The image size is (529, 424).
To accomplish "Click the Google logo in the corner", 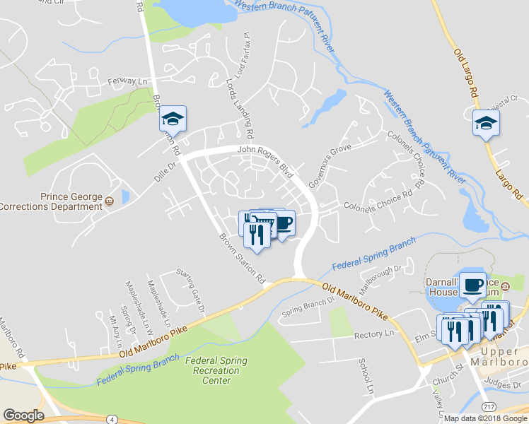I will [23, 416].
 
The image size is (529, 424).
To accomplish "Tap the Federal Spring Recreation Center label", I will [216, 370].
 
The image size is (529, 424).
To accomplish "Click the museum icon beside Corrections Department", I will [109, 201].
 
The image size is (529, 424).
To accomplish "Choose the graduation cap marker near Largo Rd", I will [486, 124].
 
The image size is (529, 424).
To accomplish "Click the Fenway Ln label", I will [132, 81].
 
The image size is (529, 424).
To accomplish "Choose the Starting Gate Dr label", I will [190, 291].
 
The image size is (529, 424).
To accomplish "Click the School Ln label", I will [366, 375].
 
